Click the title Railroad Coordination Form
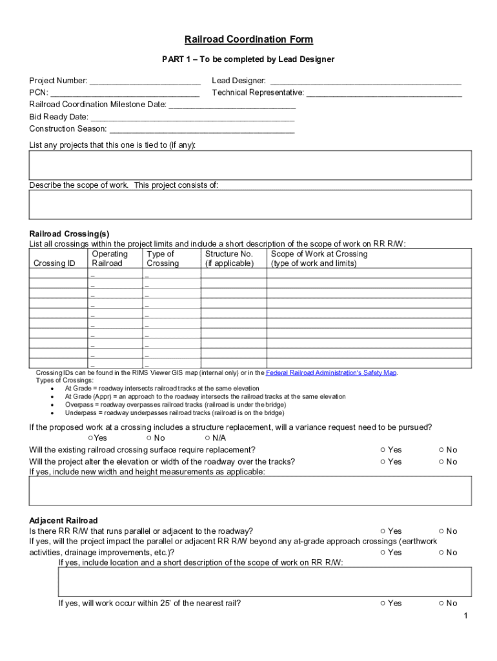pos(249,40)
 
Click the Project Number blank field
pos(145,81)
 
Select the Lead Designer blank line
pos(365,81)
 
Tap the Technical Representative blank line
pos(383,93)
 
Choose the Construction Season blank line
pos(201,129)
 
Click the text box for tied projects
pos(250,165)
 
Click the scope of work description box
pos(250,205)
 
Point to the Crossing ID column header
pos(54,263)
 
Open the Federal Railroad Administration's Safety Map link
pos(330,373)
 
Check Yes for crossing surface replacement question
pos(383,450)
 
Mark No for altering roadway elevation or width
pos(441,462)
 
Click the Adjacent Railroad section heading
pos(63,520)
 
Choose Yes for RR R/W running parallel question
pos(383,531)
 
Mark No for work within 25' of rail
pos(441,604)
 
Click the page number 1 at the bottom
pos(465,616)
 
